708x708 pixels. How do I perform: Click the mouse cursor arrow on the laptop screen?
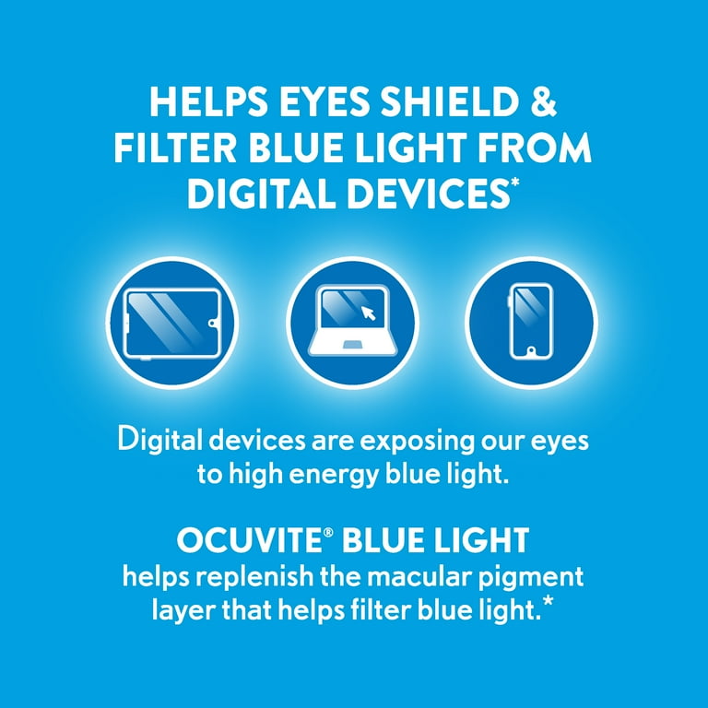[x=370, y=313]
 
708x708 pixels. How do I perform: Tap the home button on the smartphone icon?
[x=532, y=352]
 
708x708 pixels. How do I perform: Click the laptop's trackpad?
[x=353, y=344]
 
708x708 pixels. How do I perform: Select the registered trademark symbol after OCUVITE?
[x=310, y=532]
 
